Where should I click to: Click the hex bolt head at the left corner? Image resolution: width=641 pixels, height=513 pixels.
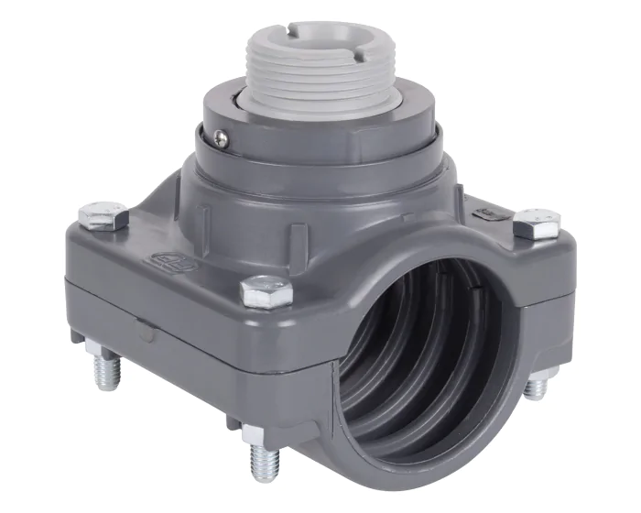pyautogui.click(x=103, y=216)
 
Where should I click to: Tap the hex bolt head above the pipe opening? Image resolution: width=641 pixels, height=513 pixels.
pyautogui.click(x=266, y=291)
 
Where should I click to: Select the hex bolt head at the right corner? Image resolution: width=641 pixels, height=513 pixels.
pyautogui.click(x=537, y=223)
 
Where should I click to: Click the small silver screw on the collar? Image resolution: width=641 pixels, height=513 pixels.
pyautogui.click(x=221, y=137)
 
